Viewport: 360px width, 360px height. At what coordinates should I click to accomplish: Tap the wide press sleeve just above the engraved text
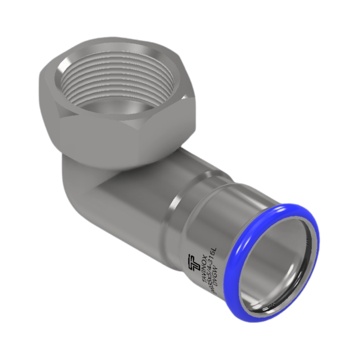click(x=234, y=216)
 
